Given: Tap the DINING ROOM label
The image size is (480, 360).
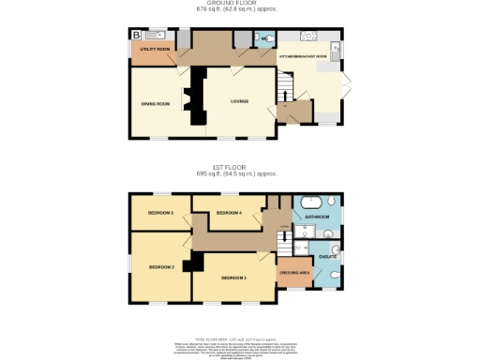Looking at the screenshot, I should coord(155,103).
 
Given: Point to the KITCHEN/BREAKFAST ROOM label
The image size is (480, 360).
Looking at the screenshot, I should coord(307,57).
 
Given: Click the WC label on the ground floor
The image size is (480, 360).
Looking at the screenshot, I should coord(264,39).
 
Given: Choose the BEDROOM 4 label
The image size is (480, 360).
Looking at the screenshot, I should coord(229,214).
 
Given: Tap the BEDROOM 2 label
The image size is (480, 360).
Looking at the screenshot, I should coord(160,267).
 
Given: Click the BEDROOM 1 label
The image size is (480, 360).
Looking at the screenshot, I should coord(233,278).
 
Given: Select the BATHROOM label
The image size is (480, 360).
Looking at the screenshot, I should coord(317,217).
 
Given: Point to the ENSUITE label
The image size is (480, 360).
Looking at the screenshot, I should coord(327,255).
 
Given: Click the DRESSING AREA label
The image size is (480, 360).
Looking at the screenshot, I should coord(294,273).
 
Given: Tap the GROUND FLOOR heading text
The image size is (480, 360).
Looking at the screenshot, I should coord(239,4).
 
